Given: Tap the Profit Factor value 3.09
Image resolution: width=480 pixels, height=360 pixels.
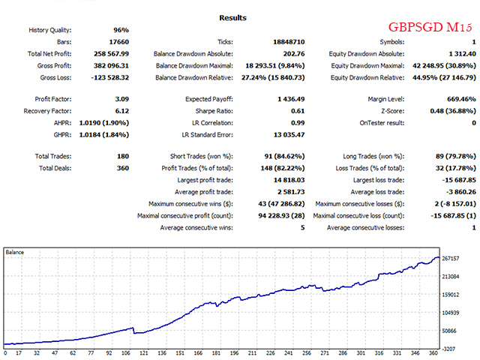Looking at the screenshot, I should pyautogui.click(x=120, y=99).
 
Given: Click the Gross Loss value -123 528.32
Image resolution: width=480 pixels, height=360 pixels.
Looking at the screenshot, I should pyautogui.click(x=111, y=78).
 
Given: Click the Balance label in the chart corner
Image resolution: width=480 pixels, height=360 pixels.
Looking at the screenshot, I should pyautogui.click(x=16, y=252).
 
